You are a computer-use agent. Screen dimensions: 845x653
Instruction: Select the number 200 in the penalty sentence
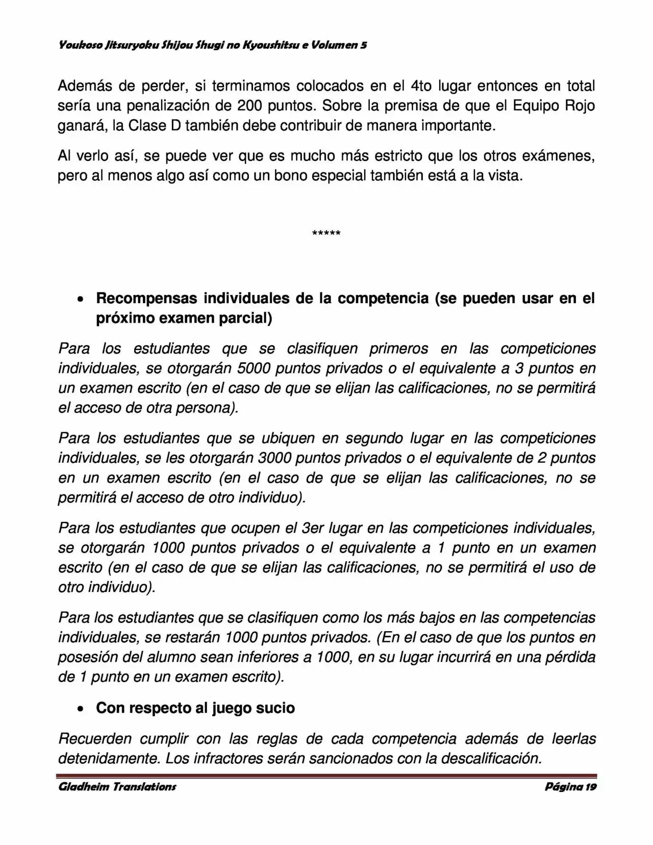(x=250, y=106)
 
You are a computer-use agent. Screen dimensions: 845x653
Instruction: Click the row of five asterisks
(x=326, y=234)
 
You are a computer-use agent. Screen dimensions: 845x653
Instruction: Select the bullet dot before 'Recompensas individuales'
(x=80, y=300)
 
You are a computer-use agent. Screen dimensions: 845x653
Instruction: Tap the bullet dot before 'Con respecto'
(x=80, y=709)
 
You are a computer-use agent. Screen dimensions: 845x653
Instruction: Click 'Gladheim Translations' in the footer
(x=117, y=786)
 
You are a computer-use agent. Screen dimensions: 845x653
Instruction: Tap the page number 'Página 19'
(x=570, y=786)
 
